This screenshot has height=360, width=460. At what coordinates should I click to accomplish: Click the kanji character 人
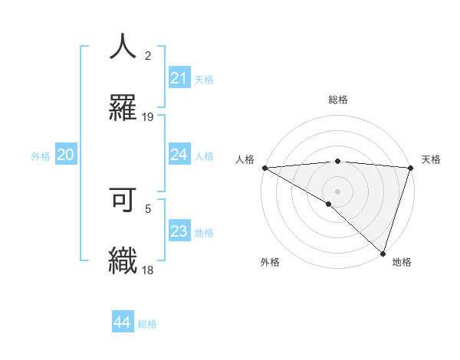point(123,47)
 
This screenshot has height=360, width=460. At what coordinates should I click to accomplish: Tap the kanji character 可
point(123,198)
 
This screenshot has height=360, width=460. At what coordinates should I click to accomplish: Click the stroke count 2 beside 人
point(148,55)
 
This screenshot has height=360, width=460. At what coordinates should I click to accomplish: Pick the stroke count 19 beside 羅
point(148,116)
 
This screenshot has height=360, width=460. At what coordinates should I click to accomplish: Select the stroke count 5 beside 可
point(148,208)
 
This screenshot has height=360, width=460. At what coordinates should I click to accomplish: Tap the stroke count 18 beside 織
point(148,270)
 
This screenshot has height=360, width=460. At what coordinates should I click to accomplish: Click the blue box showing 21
point(179,78)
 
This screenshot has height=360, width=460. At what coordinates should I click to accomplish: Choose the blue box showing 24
point(179,155)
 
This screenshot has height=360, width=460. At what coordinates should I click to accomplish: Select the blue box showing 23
point(179,232)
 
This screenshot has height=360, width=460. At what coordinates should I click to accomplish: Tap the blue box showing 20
point(65,155)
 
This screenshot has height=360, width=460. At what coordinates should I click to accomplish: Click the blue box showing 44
point(122,323)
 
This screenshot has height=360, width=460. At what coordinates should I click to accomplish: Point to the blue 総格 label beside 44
point(147,324)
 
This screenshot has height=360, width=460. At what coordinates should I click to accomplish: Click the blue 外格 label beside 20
point(41,156)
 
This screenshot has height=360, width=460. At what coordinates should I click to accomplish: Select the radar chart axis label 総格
point(337,100)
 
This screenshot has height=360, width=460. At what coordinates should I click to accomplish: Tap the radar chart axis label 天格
point(431,159)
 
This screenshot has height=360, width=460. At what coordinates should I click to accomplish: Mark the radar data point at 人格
point(264,168)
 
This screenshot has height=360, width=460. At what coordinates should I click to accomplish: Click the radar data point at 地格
point(383,253)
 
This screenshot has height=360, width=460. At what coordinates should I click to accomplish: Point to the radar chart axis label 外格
point(270,262)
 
